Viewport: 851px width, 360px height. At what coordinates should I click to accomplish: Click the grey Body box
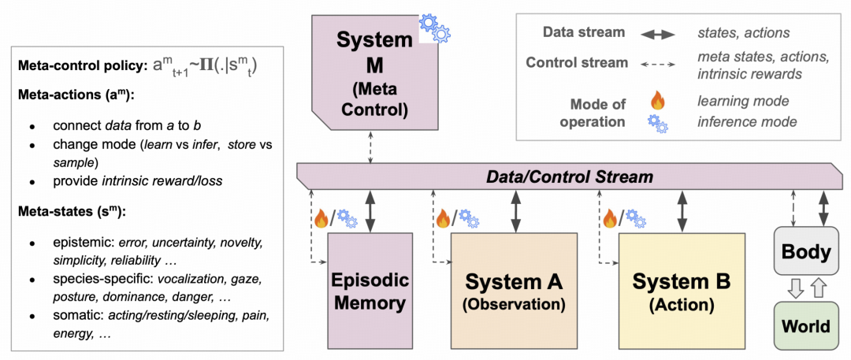(805, 252)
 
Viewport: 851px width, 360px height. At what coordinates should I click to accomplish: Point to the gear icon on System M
(434, 28)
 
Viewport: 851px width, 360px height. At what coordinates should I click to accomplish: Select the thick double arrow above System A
(516, 210)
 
